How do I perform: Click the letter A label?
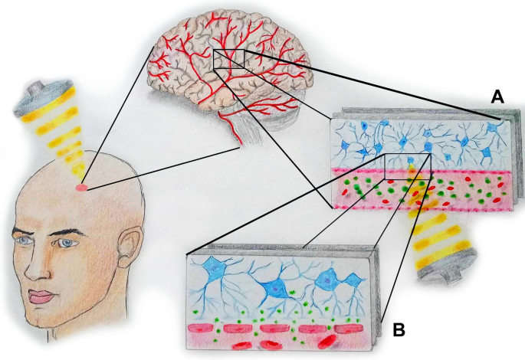coord(497,97)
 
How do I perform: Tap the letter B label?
coord(399,331)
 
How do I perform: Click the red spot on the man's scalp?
coord(81,187)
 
